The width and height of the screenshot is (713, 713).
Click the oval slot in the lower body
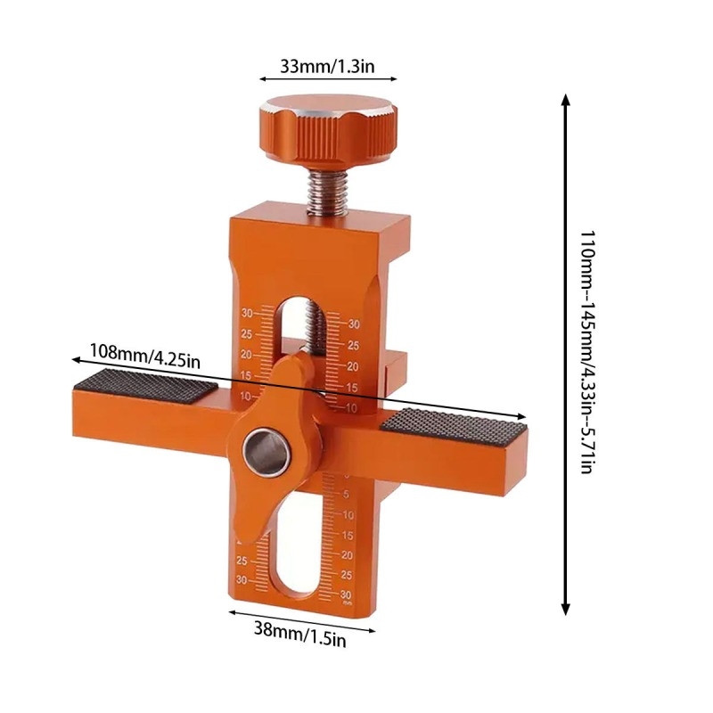tap(297, 549)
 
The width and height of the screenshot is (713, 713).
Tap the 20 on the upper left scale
tap(246, 354)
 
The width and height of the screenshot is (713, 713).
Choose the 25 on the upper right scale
tap(352, 345)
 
